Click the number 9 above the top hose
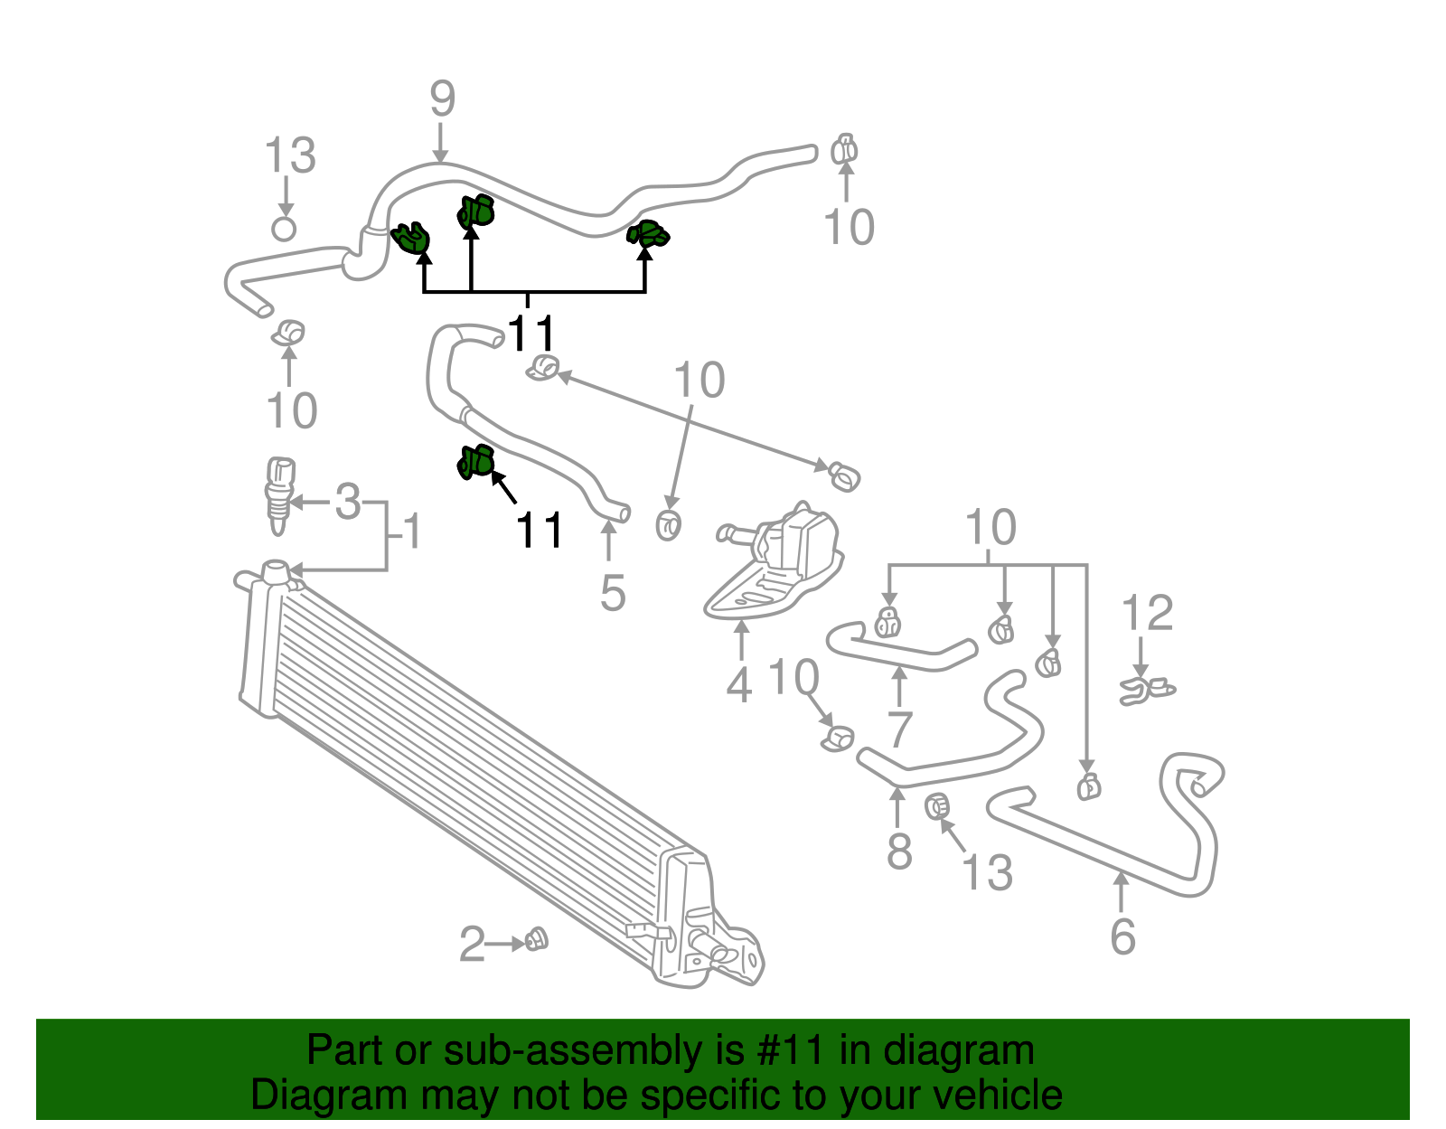(x=442, y=99)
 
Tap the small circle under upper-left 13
(x=284, y=228)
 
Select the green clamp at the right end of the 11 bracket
(x=648, y=234)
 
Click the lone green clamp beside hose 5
(x=475, y=462)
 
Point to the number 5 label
(x=612, y=593)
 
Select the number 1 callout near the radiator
(x=411, y=532)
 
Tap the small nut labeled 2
(x=536, y=940)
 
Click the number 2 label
(x=472, y=945)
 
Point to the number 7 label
(x=899, y=729)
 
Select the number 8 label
(x=899, y=851)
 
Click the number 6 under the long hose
(x=1122, y=936)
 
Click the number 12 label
(x=1147, y=614)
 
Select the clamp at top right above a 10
(x=844, y=149)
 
